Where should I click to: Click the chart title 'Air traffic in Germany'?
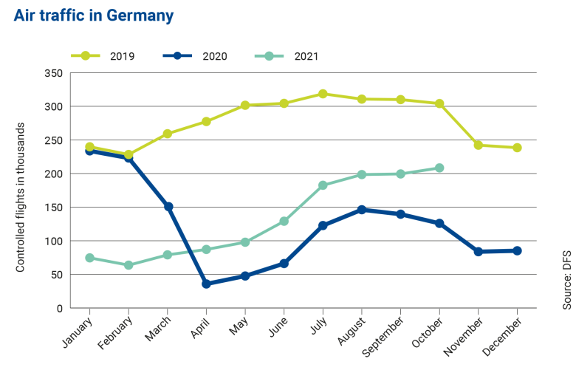point(94,16)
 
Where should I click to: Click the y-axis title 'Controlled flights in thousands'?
point(21,197)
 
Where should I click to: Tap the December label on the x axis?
point(506,333)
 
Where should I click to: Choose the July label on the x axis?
point(318,326)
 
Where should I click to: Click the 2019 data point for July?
point(323,94)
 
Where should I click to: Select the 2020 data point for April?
point(206,284)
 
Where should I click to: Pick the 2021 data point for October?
point(439,168)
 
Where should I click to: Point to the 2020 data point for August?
point(362,210)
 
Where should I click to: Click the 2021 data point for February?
point(128,265)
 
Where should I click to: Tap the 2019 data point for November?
point(479,145)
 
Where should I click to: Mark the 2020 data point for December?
point(517,251)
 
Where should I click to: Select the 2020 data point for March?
point(168,207)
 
